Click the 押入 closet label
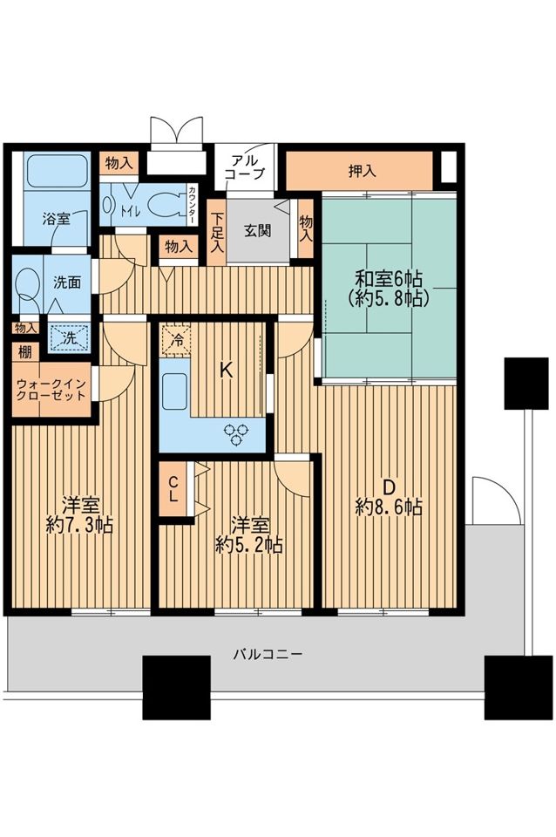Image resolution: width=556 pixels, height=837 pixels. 363,171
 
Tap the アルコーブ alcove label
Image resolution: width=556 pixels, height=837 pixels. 244,167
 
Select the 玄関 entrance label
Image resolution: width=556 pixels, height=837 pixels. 258,230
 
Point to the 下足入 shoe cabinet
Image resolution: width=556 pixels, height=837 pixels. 217,233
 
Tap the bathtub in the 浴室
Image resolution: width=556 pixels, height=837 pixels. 57,171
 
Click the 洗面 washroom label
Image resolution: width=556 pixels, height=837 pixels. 67,282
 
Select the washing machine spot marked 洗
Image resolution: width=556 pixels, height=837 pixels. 70,338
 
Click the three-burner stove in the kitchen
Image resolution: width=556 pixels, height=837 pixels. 237,433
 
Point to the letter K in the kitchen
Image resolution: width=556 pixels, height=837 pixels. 227,371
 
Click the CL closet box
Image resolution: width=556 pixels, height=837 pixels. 173,489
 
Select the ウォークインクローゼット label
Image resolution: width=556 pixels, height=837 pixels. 51,390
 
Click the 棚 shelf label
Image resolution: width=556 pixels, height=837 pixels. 24,352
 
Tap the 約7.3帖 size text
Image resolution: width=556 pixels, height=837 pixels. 79,526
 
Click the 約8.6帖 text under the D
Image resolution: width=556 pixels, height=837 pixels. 390,507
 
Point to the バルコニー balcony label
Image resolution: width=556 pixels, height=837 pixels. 268,653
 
